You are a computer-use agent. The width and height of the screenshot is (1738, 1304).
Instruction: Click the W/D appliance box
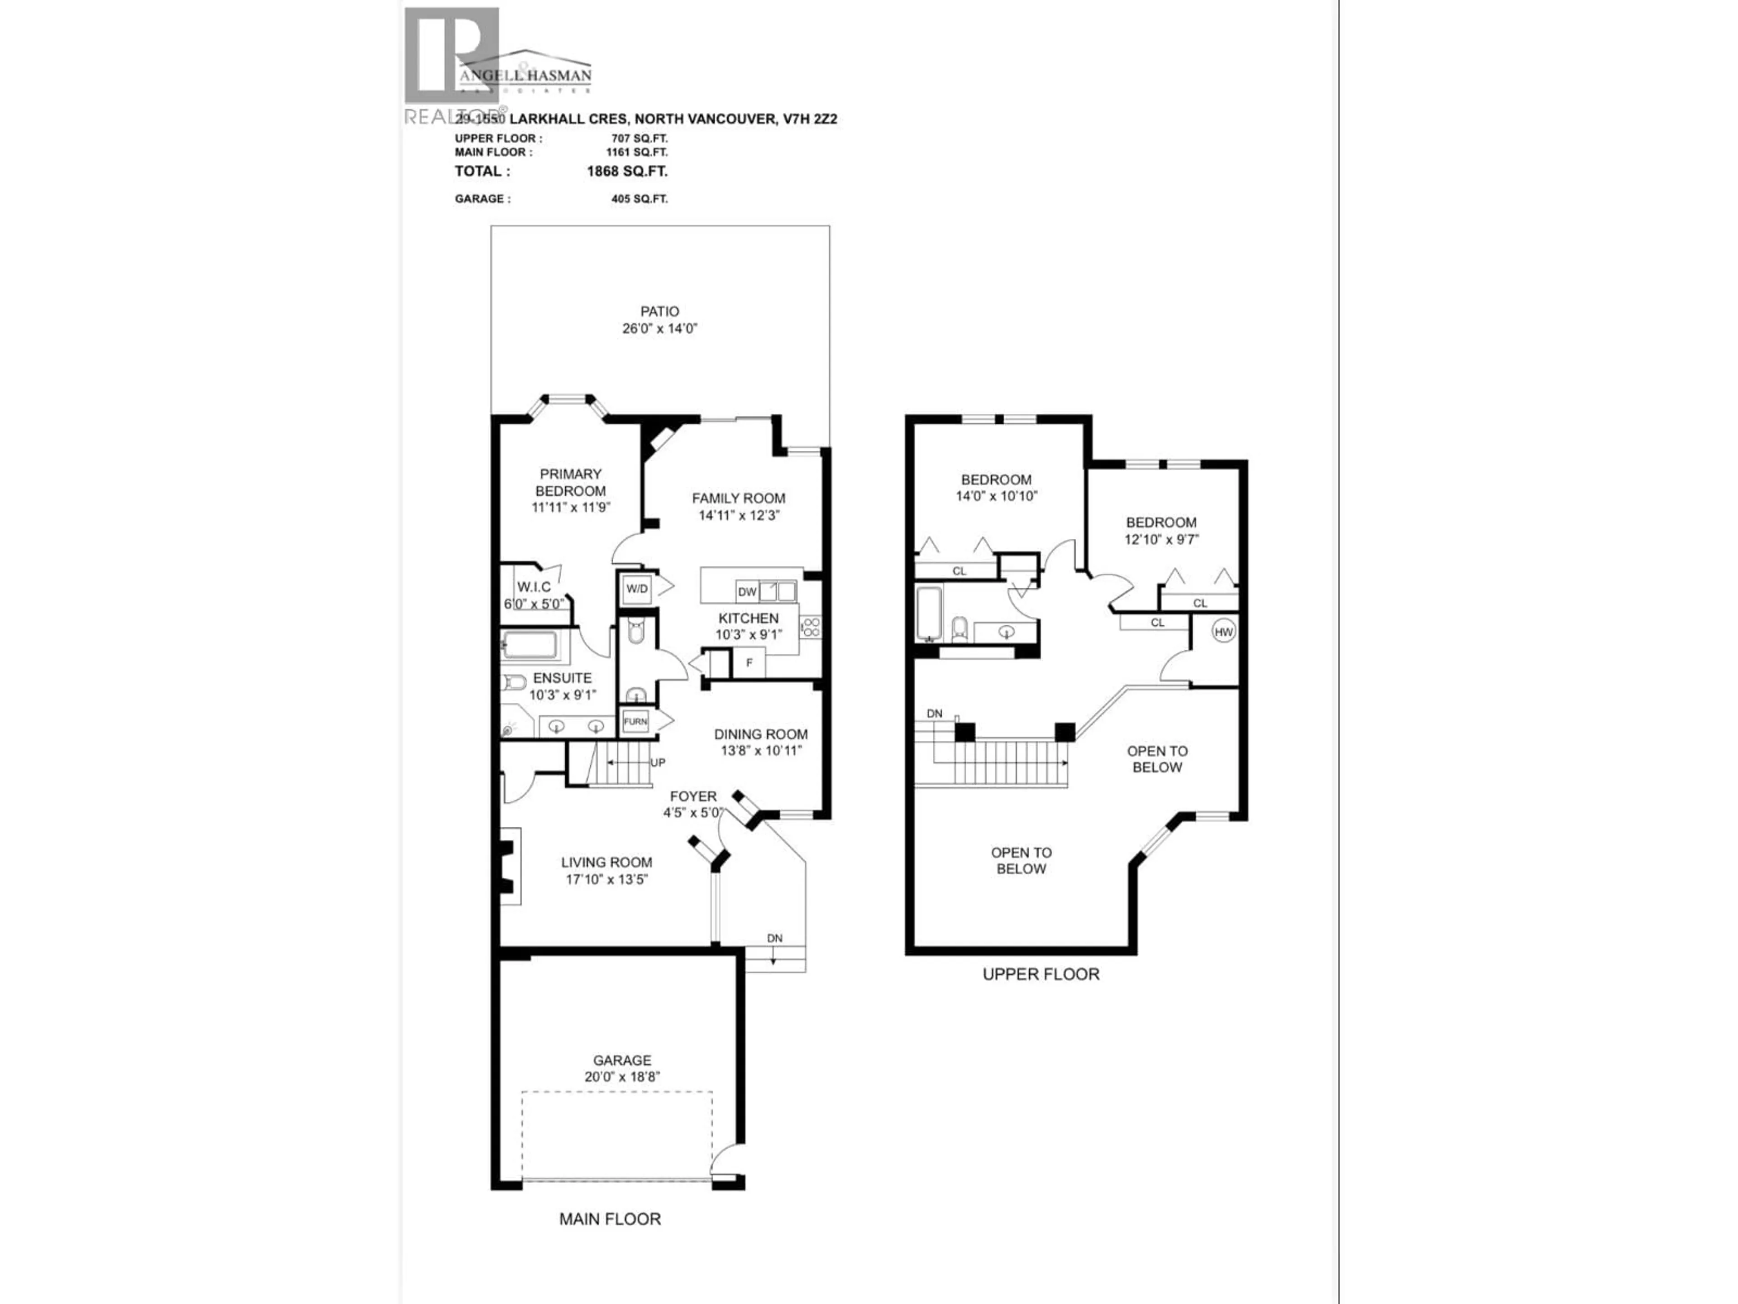636,589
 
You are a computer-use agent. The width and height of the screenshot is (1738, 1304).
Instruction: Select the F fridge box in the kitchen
749,662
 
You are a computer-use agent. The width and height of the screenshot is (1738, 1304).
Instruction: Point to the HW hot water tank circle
1223,631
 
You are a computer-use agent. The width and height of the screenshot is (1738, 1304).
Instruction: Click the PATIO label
659,311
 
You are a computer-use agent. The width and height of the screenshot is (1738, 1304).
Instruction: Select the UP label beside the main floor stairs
658,762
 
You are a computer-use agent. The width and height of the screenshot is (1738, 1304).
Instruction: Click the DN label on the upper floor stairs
934,714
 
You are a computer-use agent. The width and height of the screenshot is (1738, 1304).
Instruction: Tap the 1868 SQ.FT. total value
627,171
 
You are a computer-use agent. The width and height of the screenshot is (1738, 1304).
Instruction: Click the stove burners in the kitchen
811,627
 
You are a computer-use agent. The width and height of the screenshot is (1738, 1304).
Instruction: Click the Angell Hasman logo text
525,76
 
